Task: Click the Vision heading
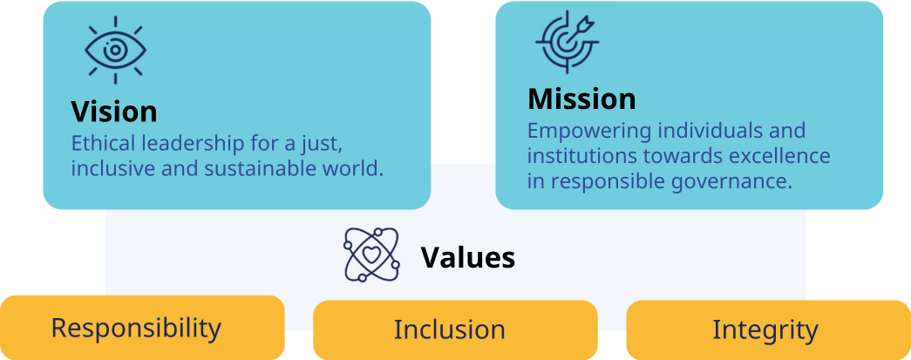(x=114, y=112)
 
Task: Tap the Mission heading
(x=581, y=98)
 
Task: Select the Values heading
(x=468, y=258)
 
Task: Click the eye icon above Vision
(x=115, y=50)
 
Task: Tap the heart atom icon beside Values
(x=371, y=255)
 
